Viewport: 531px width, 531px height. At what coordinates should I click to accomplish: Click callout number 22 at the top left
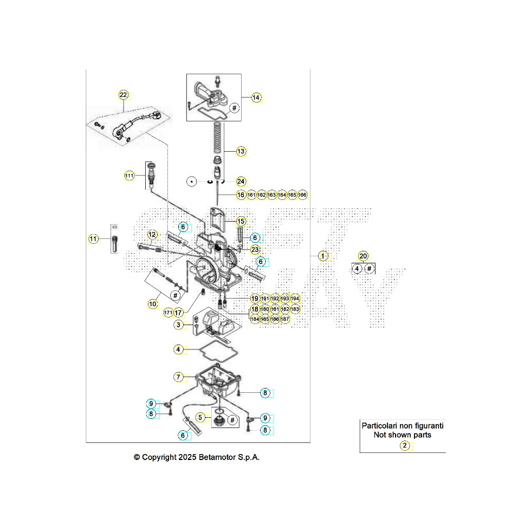124,95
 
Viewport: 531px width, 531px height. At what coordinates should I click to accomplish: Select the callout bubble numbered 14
256,98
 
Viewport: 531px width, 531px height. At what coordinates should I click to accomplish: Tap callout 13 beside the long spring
241,152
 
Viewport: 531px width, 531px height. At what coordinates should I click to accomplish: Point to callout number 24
241,182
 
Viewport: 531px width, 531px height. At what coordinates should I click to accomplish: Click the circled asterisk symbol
192,182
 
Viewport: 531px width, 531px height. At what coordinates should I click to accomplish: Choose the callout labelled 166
302,195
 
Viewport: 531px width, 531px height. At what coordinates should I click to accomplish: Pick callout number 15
241,221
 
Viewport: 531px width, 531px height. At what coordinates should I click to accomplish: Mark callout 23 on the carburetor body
255,250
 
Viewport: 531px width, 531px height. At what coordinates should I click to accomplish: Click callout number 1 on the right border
323,256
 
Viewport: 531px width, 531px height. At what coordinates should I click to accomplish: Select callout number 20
363,256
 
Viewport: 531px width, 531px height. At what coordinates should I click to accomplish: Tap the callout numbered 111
129,176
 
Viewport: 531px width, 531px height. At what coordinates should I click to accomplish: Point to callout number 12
152,235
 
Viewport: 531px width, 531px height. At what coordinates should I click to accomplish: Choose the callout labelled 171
168,313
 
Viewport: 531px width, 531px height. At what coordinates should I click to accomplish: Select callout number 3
178,325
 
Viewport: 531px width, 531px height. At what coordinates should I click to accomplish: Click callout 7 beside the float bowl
178,377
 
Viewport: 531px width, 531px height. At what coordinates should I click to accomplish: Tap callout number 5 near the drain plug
200,417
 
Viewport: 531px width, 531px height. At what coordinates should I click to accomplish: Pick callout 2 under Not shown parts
404,445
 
